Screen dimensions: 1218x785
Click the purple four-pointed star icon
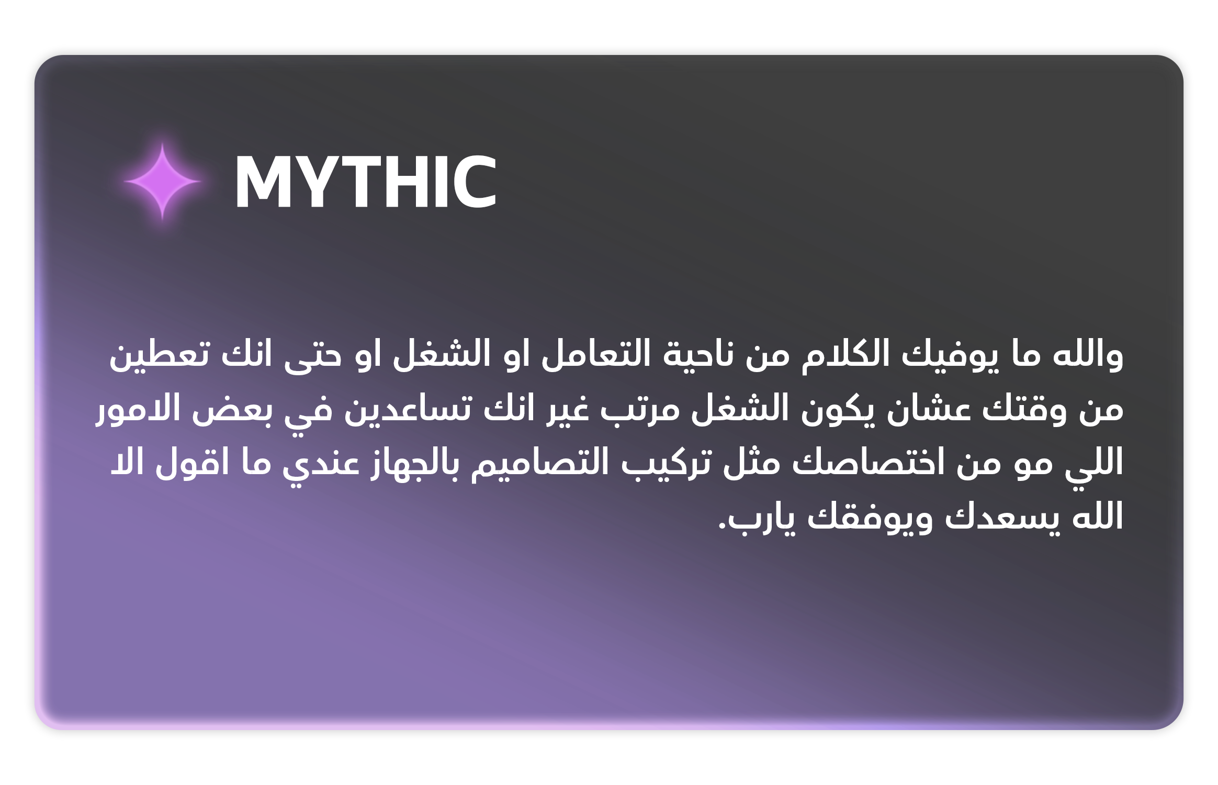pos(162,181)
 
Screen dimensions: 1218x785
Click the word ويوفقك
pos(870,518)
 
